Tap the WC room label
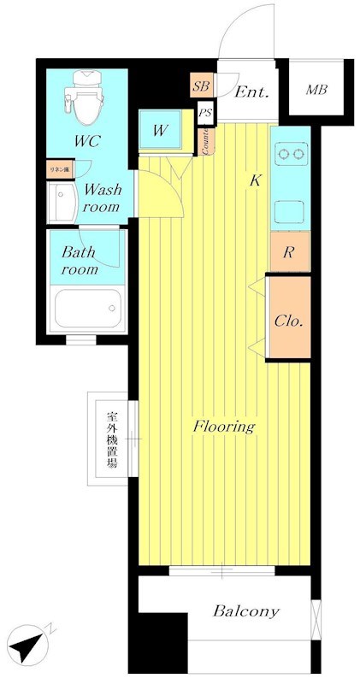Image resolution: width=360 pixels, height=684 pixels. (85, 140)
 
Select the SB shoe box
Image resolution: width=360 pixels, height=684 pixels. (202, 85)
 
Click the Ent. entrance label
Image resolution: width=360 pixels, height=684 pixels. (252, 92)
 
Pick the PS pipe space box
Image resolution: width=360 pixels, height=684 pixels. (205, 113)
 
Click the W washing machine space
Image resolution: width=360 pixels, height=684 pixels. (160, 131)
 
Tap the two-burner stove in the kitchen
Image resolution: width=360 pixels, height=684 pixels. (290, 155)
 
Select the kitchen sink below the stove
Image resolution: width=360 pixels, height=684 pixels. (290, 208)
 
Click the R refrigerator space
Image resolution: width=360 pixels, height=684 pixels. (290, 252)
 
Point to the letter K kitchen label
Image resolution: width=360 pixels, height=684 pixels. (254, 181)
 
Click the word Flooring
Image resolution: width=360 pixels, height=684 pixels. (223, 425)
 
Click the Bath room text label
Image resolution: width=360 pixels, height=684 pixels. (80, 261)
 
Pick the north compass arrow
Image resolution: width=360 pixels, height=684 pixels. (28, 645)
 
